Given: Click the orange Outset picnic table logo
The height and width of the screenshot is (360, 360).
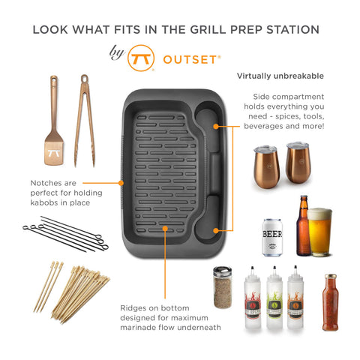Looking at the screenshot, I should (139, 58).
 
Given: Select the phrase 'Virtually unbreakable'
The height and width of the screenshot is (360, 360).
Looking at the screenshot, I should (280, 76).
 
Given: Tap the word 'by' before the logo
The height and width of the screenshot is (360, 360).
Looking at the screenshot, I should (116, 53).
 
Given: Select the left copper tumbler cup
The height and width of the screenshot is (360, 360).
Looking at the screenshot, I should (266, 164).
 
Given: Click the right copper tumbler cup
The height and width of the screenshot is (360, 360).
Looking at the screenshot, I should (298, 161).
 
